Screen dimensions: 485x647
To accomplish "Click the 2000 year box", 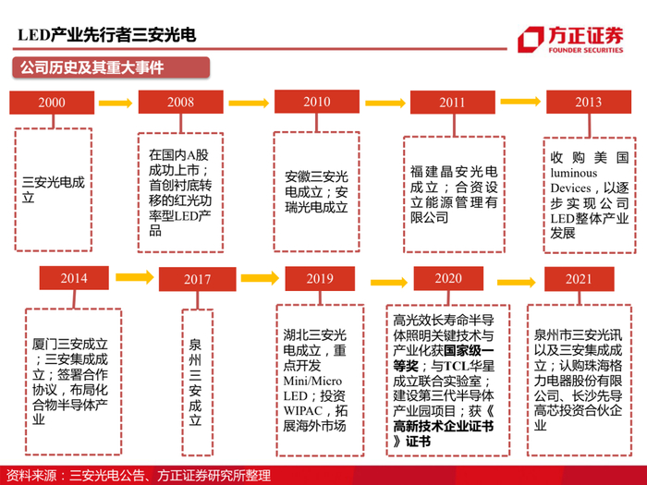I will tap(52, 102).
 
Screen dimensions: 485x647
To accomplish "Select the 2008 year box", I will tap(181, 102).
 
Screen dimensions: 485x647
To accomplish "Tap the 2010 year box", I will tap(316, 102).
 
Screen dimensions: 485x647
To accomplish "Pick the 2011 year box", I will tap(453, 102).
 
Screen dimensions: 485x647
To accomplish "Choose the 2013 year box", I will tap(589, 102).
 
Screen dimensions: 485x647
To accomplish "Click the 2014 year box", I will tap(74, 277).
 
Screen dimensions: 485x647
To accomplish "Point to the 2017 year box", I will tap(197, 278).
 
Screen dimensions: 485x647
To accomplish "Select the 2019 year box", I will tap(320, 277).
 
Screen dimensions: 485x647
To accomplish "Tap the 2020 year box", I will tap(448, 277).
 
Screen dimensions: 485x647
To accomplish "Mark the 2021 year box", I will tap(580, 277).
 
